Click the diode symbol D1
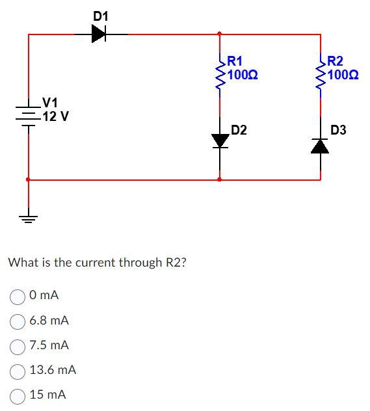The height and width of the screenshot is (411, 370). [x=99, y=34]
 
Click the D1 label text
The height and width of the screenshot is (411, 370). [x=101, y=15]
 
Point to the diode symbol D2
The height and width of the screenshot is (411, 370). [x=220, y=140]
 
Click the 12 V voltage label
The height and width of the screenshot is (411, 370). [x=55, y=117]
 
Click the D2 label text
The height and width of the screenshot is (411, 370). [x=239, y=130]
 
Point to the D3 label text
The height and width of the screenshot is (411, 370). [x=338, y=130]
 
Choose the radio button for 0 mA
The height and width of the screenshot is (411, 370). [x=18, y=296]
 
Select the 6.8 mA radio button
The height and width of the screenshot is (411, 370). [x=18, y=321]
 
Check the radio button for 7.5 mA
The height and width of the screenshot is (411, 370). [x=18, y=345]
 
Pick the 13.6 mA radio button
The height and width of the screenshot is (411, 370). [x=18, y=370]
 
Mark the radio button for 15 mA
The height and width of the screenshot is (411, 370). [x=18, y=395]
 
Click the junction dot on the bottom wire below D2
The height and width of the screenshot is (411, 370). [x=220, y=179]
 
